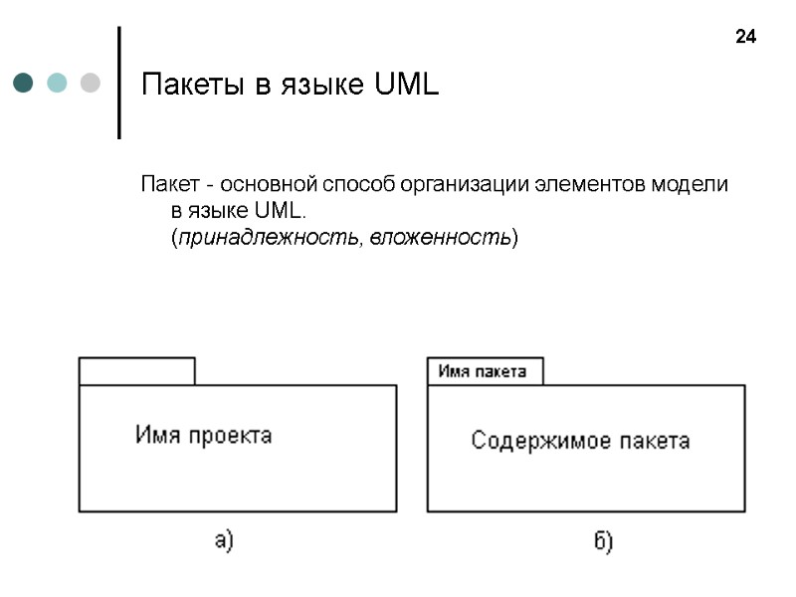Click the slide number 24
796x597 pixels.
(x=745, y=38)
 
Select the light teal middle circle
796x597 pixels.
(x=57, y=83)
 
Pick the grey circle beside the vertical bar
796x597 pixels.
(x=90, y=83)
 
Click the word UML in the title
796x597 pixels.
(x=407, y=86)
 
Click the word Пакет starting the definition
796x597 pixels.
(x=168, y=185)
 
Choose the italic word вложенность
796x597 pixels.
(x=440, y=239)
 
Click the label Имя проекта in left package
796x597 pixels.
(x=204, y=436)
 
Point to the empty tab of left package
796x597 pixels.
(x=137, y=371)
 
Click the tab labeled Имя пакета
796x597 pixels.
(x=484, y=371)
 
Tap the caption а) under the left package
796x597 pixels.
(x=224, y=541)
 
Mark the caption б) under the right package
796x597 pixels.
(x=602, y=541)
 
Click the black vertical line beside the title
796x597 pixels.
(x=119, y=83)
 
